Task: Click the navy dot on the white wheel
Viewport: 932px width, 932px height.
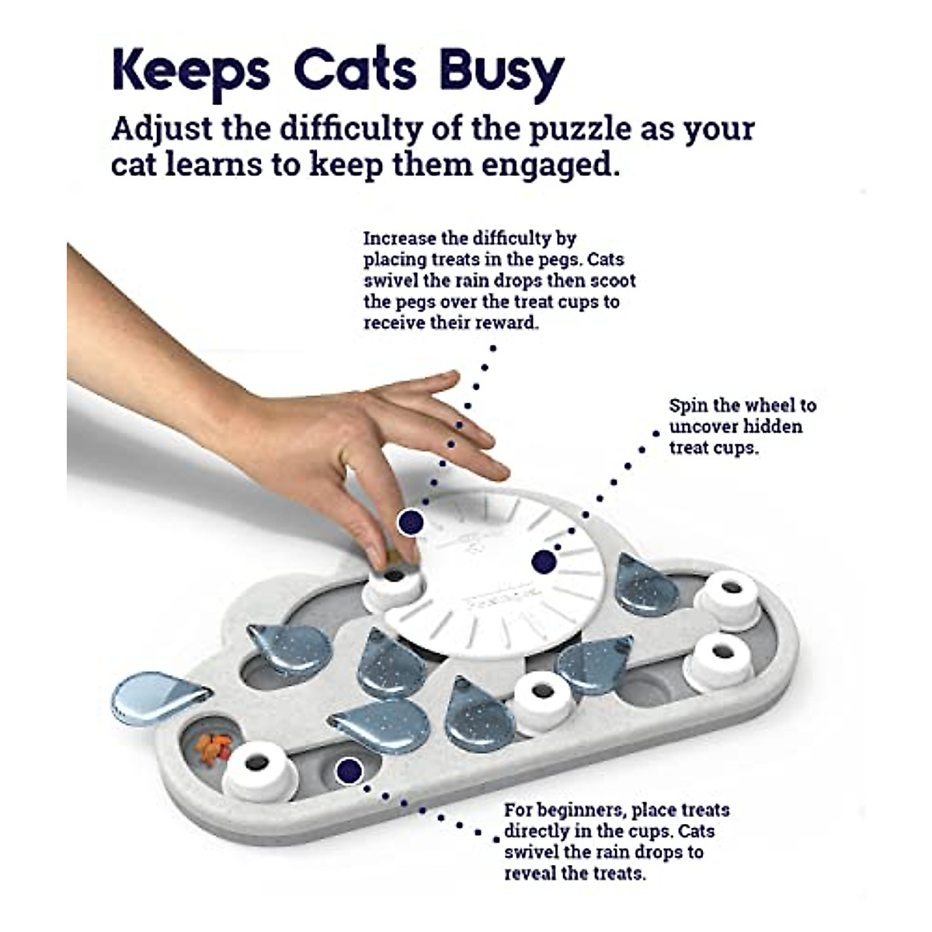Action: (543, 561)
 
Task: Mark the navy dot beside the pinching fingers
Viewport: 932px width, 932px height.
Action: (409, 522)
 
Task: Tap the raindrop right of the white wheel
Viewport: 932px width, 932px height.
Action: (646, 583)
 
